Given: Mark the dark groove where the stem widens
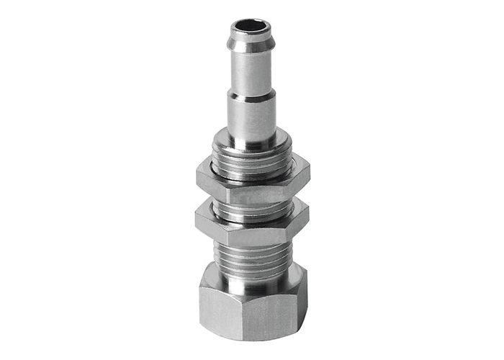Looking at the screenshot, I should coord(251,94).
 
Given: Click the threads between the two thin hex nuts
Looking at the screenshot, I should coord(251,209).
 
